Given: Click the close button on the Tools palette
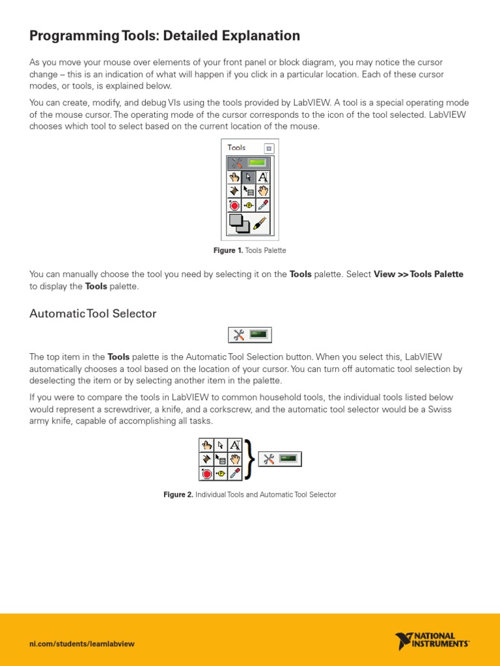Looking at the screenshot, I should [x=270, y=148].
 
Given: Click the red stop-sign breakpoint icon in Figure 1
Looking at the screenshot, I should [x=234, y=206].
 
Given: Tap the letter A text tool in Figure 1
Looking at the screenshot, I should [x=262, y=177].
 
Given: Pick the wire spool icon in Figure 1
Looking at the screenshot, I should [x=234, y=191].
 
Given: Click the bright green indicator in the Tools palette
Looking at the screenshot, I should [x=258, y=163].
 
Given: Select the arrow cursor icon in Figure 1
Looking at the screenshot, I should [x=249, y=177].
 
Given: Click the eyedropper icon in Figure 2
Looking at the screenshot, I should [x=234, y=473].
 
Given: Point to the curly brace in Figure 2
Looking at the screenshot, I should [x=250, y=460].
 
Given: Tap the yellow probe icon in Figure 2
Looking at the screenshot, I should [x=221, y=473].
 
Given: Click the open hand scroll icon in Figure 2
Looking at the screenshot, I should [x=234, y=460].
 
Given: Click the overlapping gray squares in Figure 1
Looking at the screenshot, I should [x=239, y=224].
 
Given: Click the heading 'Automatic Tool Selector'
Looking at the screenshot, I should [x=93, y=313].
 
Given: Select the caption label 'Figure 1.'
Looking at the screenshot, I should [x=228, y=250].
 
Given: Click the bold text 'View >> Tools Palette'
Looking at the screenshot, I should [x=419, y=274].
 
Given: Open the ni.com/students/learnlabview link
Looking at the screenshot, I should [x=82, y=644].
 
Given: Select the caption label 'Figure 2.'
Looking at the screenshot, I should [x=178, y=495].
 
